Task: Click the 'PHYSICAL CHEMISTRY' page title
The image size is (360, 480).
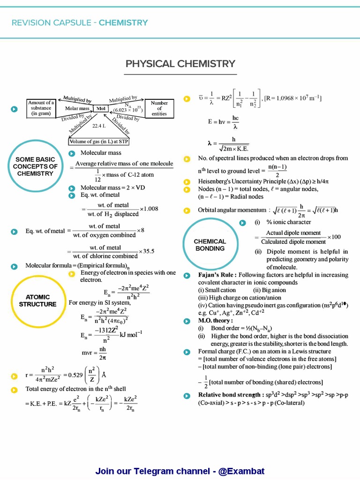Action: tap(180, 64)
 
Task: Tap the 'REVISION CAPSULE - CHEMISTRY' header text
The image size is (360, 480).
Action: tap(80, 22)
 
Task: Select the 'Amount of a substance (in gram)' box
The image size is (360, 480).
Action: tap(41, 108)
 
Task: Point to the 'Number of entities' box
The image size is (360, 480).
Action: tap(159, 108)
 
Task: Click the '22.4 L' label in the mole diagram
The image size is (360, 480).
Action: tap(99, 126)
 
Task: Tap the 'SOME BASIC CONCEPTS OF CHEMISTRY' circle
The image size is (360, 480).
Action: tap(36, 166)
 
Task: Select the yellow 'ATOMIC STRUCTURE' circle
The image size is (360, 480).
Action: tap(37, 300)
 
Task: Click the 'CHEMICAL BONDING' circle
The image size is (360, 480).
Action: tap(210, 245)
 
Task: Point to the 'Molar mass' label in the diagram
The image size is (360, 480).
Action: tap(77, 109)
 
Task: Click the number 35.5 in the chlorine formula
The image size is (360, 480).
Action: tap(147, 251)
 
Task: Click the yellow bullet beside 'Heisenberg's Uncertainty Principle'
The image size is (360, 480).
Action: tap(187, 181)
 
